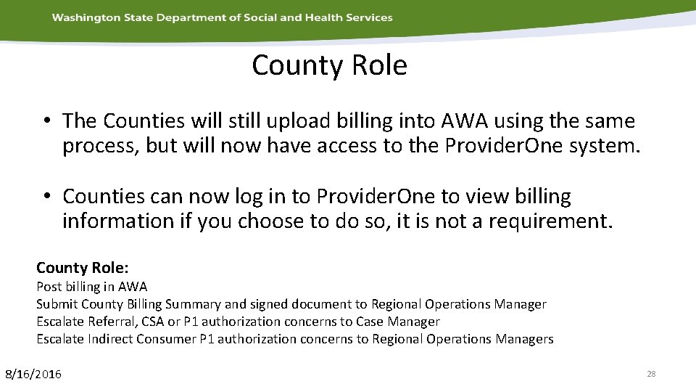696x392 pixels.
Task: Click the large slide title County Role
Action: pyautogui.click(x=329, y=65)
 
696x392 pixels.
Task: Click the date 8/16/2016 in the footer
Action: pyautogui.click(x=33, y=374)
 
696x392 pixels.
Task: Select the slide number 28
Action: pyautogui.click(x=650, y=374)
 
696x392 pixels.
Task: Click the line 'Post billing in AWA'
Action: pyautogui.click(x=91, y=287)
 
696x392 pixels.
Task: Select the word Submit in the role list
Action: pyautogui.click(x=57, y=304)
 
